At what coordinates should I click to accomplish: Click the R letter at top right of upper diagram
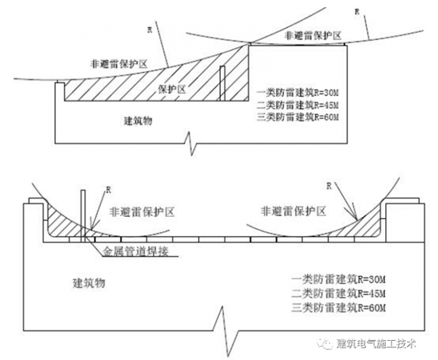(x=356, y=11)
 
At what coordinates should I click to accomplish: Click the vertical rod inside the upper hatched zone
(x=222, y=84)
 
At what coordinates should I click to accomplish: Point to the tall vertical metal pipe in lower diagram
(x=83, y=216)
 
